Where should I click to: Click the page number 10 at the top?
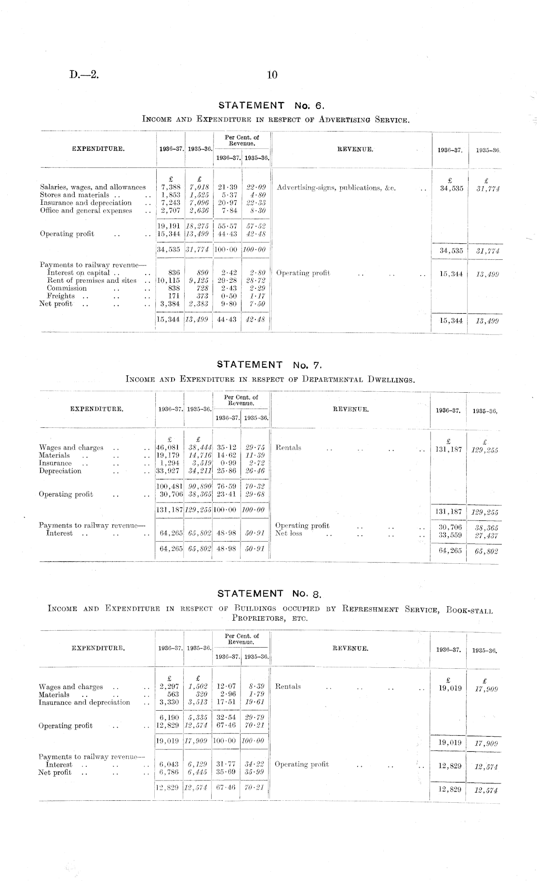point(272,75)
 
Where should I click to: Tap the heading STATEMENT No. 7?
point(272,365)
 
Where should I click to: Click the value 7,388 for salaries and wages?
point(170,187)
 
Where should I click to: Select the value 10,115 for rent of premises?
point(169,280)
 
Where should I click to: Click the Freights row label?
point(61,296)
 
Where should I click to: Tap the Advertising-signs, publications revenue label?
point(336,188)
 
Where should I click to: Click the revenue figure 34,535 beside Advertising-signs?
point(451,188)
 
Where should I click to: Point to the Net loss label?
point(289,533)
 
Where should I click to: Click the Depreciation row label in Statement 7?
point(60,471)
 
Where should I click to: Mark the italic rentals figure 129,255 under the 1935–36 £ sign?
point(484,451)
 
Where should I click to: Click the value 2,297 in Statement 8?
point(169,687)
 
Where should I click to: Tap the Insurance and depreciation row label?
point(84,703)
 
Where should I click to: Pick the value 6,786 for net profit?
point(169,772)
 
